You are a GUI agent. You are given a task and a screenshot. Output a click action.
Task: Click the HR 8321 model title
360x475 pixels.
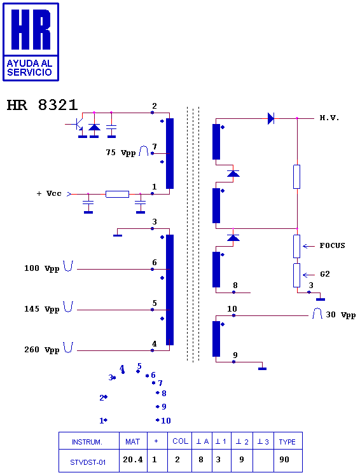point(43,105)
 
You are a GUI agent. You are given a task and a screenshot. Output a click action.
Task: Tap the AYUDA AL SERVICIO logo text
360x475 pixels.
point(30,67)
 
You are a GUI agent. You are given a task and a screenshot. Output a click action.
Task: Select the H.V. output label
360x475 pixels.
point(329,118)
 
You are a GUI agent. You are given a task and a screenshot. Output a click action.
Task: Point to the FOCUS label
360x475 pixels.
point(333,245)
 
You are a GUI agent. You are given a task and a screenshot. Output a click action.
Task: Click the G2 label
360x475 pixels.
point(325,274)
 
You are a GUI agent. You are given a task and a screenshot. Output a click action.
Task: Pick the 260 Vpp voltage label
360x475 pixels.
point(42,350)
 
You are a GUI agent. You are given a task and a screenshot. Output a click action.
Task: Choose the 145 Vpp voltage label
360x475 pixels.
point(42,309)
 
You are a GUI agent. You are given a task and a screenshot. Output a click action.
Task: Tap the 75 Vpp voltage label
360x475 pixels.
point(121,153)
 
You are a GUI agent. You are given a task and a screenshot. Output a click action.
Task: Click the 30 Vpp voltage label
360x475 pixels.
point(341,315)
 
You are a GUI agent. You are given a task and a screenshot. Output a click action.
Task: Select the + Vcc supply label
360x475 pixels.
point(49,193)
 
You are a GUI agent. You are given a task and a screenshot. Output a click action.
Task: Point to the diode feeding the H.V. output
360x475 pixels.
point(271,118)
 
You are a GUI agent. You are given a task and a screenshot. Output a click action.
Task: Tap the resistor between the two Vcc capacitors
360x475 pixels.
point(117,194)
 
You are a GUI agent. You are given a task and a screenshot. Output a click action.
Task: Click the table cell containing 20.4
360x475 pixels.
point(133,460)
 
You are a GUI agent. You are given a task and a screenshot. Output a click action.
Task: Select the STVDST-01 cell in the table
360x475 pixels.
point(88,462)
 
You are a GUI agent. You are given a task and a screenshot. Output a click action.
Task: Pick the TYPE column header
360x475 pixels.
point(287,442)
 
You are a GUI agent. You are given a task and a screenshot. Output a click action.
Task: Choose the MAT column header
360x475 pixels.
point(133,442)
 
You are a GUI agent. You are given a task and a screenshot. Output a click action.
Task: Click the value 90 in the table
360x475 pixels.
point(284,460)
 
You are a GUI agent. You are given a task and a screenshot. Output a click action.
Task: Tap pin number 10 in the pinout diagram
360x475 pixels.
point(166,420)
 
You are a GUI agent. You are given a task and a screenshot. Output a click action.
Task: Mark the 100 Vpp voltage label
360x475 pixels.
point(42,268)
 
